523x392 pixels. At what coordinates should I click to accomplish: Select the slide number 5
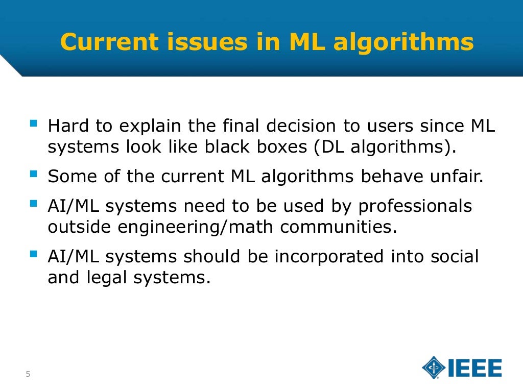coord(28,375)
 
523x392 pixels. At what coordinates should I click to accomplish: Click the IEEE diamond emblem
coord(434,368)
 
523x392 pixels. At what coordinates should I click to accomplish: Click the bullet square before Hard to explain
coord(34,124)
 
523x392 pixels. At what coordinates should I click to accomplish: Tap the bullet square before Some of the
coord(34,175)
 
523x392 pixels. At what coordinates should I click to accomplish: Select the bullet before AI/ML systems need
coord(34,204)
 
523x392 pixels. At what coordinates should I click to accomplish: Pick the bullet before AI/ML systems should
coord(34,254)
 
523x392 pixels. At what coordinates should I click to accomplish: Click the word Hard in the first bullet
coord(65,126)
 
